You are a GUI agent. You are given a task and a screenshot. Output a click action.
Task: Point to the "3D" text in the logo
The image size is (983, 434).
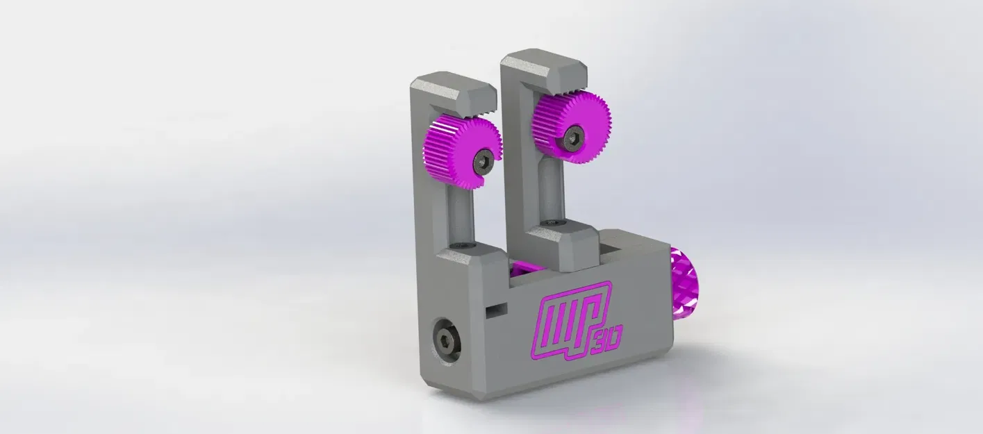click(x=609, y=338)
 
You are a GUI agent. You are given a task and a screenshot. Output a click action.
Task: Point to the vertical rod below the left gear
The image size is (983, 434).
click(x=459, y=208)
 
